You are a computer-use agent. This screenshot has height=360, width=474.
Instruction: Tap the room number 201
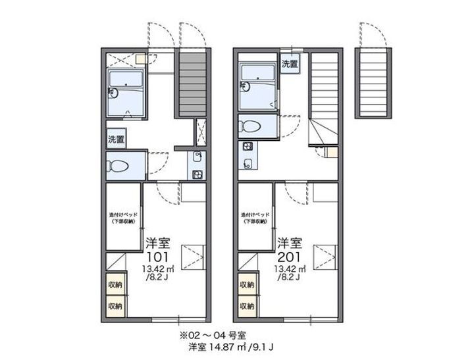point(290,257)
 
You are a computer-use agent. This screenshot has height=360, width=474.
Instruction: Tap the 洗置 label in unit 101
point(115,140)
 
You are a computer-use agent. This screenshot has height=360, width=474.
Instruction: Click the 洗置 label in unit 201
point(290,64)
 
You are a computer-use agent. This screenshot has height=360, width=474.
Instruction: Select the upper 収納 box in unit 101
point(115,285)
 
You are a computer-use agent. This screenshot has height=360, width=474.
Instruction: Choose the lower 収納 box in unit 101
point(115,306)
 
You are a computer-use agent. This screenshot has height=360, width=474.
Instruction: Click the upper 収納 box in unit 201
point(247,285)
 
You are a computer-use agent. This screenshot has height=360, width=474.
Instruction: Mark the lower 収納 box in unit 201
point(247,306)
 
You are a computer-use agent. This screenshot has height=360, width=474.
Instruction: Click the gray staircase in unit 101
point(192,83)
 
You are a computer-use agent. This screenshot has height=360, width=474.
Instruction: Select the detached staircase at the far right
point(373,83)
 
